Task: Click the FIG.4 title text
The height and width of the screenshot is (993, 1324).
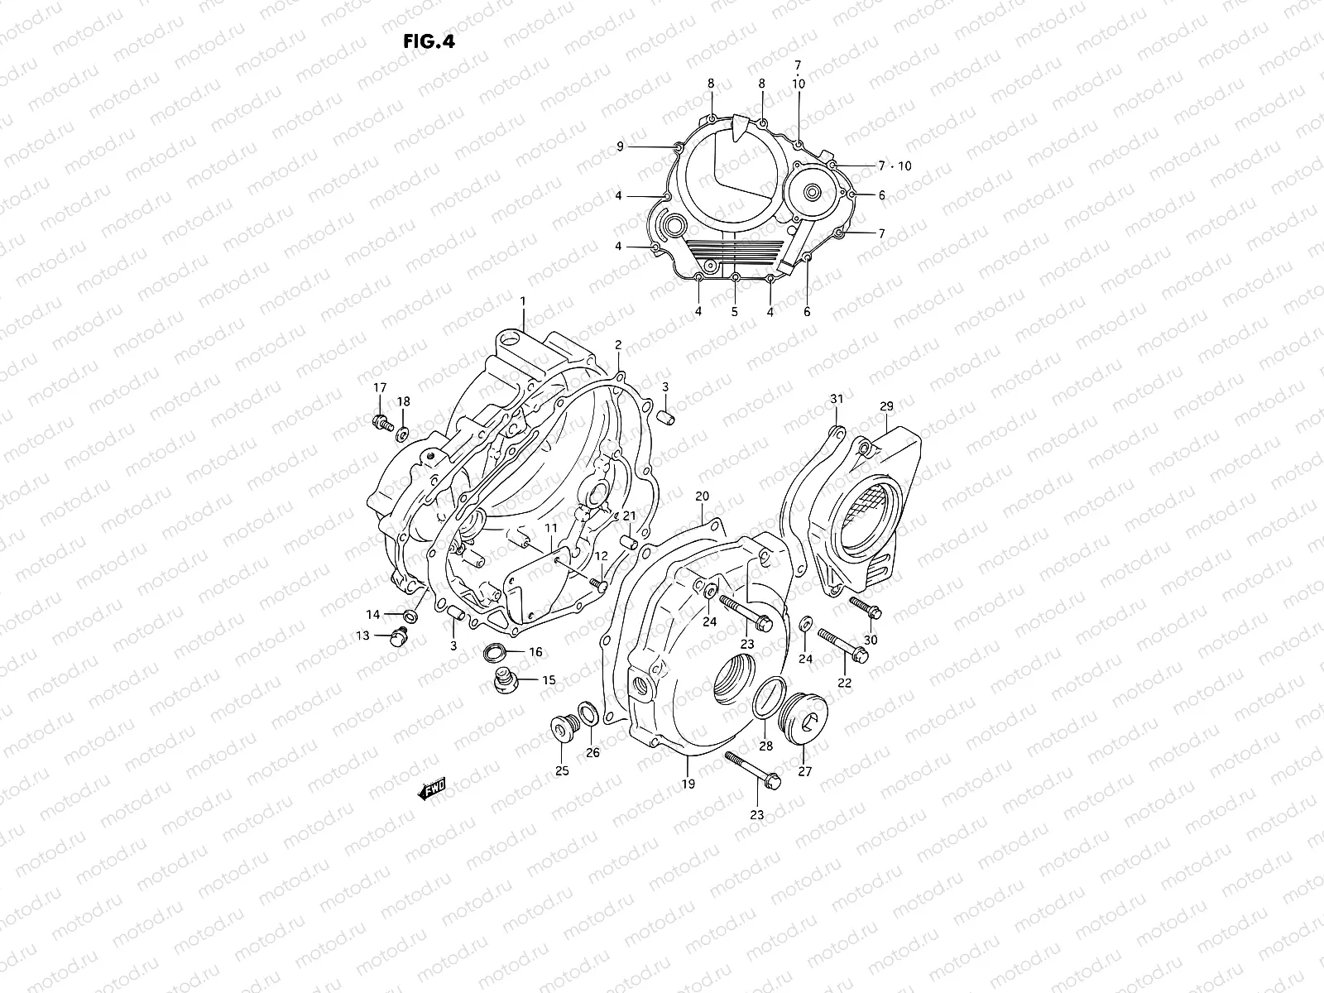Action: click(x=429, y=42)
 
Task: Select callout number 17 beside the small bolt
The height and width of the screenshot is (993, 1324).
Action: click(x=379, y=388)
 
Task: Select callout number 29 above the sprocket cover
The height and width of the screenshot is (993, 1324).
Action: click(x=886, y=406)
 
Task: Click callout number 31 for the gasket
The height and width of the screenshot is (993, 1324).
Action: click(x=837, y=400)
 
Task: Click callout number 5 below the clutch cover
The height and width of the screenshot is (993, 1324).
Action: click(x=734, y=312)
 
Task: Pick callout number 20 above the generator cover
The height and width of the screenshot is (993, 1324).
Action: click(x=702, y=496)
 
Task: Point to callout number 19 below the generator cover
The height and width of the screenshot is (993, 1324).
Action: click(x=688, y=784)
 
